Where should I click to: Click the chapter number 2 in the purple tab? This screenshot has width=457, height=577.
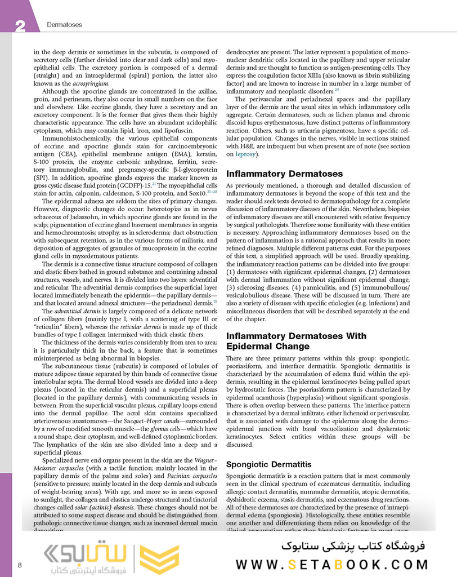[21, 25]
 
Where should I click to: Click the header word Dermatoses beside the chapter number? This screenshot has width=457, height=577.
[64, 25]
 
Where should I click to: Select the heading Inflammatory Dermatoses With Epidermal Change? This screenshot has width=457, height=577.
[296, 341]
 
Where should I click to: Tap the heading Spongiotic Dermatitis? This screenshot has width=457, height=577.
[268, 464]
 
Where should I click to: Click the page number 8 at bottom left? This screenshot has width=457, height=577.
[20, 565]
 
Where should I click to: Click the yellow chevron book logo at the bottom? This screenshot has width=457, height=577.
[159, 558]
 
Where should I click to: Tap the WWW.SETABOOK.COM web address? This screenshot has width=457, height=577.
[332, 565]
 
